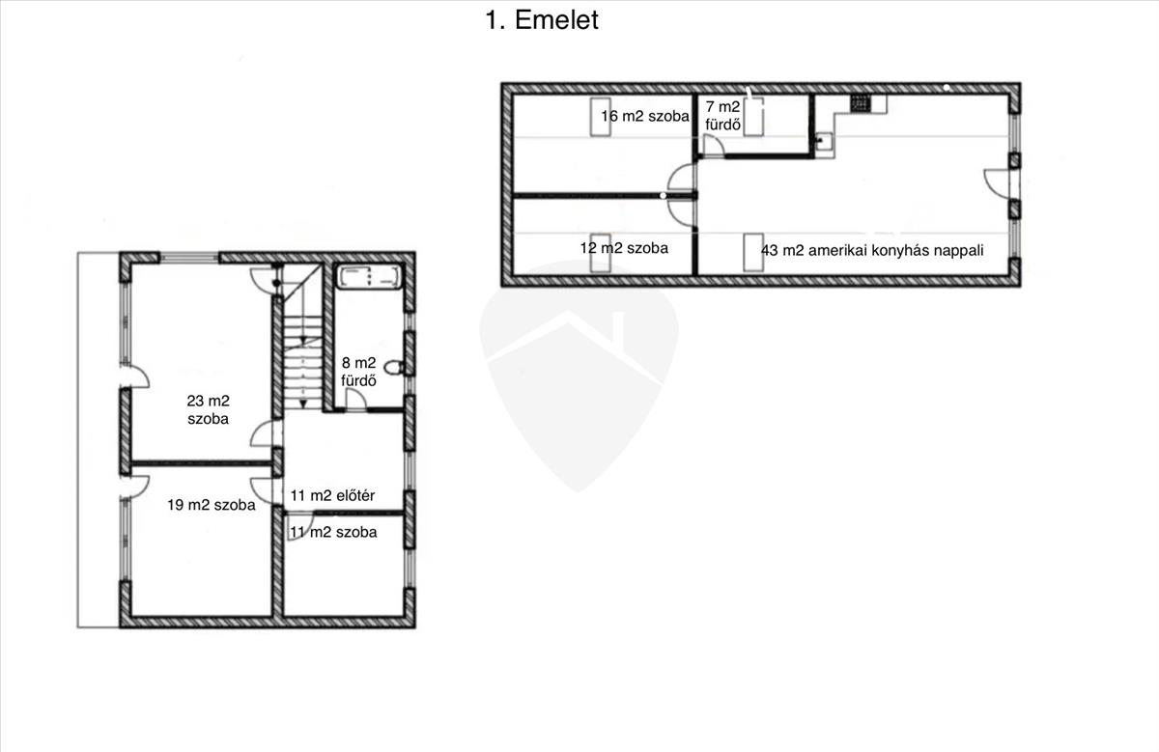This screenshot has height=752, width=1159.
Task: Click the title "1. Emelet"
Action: coord(542,20)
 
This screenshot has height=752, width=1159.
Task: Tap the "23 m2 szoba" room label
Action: coord(208,409)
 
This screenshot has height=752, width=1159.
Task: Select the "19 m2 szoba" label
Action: coord(212,505)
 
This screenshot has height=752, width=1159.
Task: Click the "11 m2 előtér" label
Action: coord(332,495)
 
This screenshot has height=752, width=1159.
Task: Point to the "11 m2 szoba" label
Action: coord(333,532)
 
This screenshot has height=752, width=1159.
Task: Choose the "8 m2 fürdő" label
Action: coord(358,372)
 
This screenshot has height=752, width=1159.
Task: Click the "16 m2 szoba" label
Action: coord(645,116)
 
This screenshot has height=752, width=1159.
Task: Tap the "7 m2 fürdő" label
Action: coord(722,115)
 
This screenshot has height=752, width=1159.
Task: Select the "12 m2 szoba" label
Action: coord(624,248)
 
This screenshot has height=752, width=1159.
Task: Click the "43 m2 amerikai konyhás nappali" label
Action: coord(872,251)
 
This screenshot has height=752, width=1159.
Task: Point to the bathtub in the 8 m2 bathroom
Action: coord(369,277)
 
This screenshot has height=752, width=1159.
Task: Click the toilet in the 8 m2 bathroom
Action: coord(395,367)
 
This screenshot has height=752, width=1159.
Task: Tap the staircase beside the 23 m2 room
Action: coord(302,337)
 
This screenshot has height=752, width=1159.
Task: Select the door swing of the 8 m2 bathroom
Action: coord(355,401)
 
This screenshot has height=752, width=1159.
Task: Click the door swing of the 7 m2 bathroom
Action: coord(714,146)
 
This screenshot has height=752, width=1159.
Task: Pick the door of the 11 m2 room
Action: coord(299,526)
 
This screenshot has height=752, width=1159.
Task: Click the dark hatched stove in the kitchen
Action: coord(861,104)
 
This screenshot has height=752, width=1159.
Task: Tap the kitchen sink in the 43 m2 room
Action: coord(824,141)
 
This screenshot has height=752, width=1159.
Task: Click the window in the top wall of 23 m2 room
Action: coord(189,258)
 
